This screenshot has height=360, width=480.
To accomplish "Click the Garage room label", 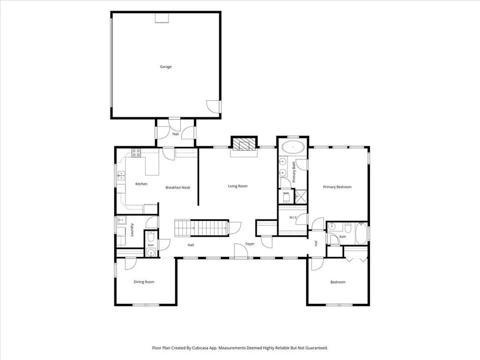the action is click(x=165, y=67).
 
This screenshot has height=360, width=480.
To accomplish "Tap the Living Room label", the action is click(x=238, y=186).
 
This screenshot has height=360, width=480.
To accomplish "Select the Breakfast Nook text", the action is click(x=178, y=187).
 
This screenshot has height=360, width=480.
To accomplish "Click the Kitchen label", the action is click(x=141, y=184).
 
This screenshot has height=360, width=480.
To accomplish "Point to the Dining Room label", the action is click(x=144, y=282).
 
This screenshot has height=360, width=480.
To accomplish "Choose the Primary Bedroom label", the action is click(x=337, y=187).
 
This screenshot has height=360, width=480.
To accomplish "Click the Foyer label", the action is click(x=250, y=244).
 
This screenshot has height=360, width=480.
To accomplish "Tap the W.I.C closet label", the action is click(x=293, y=217).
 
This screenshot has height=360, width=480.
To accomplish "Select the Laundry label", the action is click(x=132, y=230).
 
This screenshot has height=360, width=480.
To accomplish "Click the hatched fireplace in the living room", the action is click(x=244, y=143).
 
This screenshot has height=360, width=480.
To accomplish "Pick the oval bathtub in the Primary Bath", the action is click(x=293, y=147).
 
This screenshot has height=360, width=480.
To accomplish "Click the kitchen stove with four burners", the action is click(x=136, y=152).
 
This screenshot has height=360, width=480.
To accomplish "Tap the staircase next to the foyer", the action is click(x=201, y=228).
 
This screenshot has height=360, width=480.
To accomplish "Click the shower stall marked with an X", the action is click(x=301, y=197).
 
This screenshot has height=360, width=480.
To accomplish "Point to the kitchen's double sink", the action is click(x=121, y=175).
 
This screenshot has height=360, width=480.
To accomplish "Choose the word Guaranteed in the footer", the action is click(x=317, y=348).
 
